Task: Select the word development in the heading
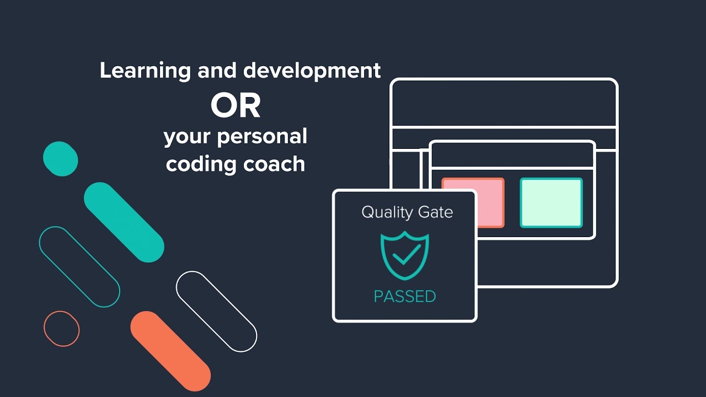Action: coord(312,71)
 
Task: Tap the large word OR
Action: coord(236,106)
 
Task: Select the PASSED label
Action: coord(405,296)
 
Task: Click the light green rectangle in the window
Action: coord(551,202)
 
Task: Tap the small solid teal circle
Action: coord(61,159)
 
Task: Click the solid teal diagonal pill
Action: coord(124,222)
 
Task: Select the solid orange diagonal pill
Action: coord(170,351)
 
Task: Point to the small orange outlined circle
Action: coord(62,329)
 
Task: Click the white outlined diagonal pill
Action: coord(216,312)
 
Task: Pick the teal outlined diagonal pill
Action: coord(79,267)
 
